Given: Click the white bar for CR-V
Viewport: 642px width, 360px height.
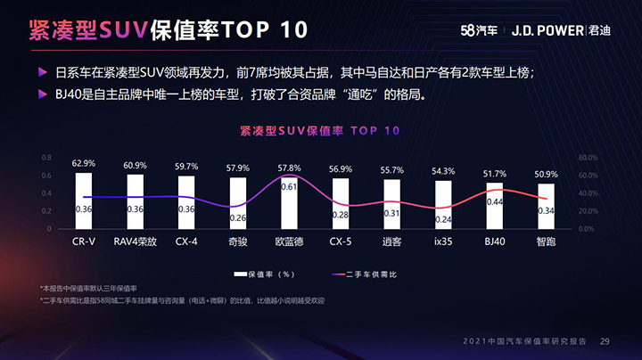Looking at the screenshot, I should coord(84,200).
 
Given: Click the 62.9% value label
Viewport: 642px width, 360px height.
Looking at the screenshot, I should coord(84,164).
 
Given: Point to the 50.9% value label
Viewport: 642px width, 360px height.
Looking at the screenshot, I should coord(547,175).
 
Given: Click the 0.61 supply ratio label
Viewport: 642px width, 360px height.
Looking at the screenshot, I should coord(290,187).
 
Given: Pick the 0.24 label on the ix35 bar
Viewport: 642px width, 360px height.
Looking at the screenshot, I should coord(443,219).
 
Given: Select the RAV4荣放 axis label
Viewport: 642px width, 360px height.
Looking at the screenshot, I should coord(136,241).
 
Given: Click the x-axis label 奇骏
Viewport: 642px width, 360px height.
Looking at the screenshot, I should coord(238,241).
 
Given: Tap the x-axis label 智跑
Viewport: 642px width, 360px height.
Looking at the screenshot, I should coord(547,241).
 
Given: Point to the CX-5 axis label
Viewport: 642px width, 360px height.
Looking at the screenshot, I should coord(341,241).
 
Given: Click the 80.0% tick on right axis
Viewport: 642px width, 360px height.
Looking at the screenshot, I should coord(588,157).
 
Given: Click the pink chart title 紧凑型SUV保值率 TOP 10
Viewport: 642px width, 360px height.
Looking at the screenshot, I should coord(320,130).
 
